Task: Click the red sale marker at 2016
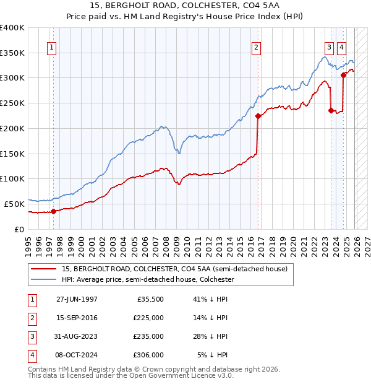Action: (x=258, y=116)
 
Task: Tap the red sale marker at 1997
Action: (x=54, y=211)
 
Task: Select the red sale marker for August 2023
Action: (x=331, y=111)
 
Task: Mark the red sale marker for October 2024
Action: (x=343, y=75)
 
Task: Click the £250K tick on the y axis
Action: (x=12, y=103)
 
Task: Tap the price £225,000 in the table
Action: (x=149, y=318)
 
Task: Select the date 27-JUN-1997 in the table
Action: (x=77, y=299)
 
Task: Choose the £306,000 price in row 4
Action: (x=149, y=355)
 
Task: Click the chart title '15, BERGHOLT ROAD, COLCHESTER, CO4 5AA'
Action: (x=185, y=6)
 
